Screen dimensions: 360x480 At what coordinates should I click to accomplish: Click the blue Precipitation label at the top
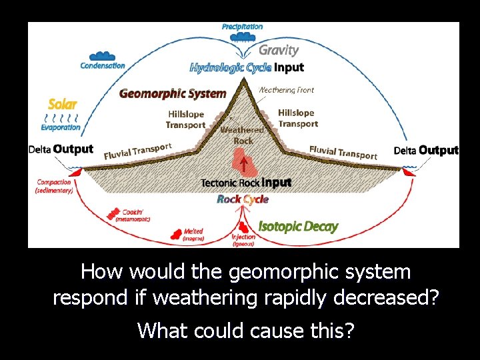(x=242, y=27)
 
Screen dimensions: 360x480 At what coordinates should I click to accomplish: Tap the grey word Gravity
(x=278, y=50)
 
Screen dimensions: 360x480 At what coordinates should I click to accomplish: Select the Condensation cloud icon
(x=102, y=56)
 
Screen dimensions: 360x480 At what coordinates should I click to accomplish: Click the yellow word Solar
(x=63, y=104)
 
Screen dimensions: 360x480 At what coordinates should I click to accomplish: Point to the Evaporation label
(x=61, y=127)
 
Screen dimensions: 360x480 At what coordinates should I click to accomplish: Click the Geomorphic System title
(x=173, y=93)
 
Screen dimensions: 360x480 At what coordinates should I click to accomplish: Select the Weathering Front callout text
(x=286, y=90)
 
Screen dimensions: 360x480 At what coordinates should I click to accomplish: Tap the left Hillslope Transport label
(x=185, y=120)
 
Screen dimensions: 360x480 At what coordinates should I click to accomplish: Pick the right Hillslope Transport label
(x=297, y=119)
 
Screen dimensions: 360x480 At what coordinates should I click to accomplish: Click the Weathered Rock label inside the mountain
(x=242, y=135)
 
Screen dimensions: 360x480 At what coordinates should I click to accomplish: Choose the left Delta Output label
(x=61, y=149)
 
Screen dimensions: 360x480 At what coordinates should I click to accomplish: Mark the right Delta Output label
(x=426, y=150)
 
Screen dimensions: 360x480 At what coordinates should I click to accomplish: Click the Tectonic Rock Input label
(x=246, y=183)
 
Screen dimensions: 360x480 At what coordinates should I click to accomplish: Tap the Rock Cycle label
(x=243, y=199)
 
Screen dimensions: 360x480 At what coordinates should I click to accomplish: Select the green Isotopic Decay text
(x=298, y=226)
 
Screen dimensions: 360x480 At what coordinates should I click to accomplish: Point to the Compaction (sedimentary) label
(x=54, y=186)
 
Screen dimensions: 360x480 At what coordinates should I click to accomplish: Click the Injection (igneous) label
(x=243, y=241)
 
